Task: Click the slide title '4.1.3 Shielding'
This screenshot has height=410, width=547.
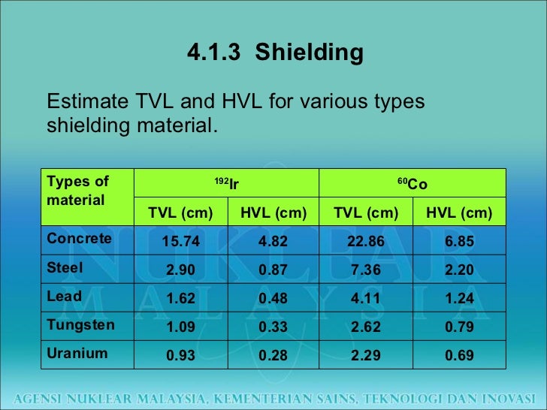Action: pos(274,53)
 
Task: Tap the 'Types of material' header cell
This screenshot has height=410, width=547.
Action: pos(78,191)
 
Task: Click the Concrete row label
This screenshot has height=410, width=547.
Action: pos(79,239)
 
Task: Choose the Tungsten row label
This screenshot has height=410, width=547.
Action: pos(80,324)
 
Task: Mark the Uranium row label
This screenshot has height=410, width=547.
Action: pos(77,353)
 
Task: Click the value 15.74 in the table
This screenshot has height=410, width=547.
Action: pos(180,241)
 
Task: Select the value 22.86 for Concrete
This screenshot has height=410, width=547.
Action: pos(366,241)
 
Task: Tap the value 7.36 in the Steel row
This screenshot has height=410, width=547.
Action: pos(366,270)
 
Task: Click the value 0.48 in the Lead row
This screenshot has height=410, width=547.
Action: pos(273,298)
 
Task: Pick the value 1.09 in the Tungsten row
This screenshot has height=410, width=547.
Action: pos(180,327)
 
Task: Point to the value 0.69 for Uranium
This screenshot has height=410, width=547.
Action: pos(459,355)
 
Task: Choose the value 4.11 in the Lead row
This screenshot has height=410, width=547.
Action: pos(366,298)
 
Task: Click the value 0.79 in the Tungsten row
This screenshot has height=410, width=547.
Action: pos(459,327)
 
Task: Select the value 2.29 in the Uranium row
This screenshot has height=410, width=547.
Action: pos(366,355)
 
